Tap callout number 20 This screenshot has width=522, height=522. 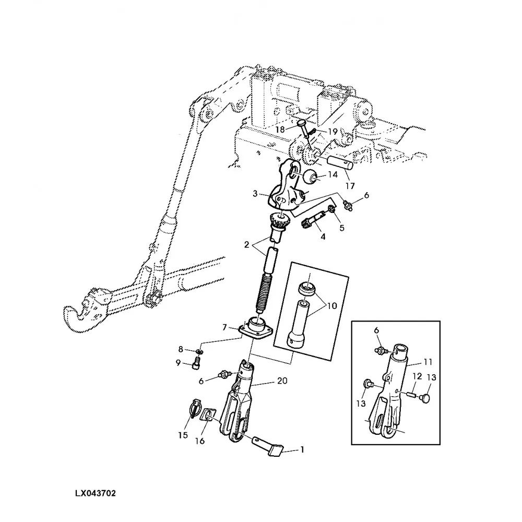(x=282, y=382)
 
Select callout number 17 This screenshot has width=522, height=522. (x=349, y=185)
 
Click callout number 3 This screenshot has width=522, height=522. (x=255, y=194)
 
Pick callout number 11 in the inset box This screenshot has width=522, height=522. (x=413, y=361)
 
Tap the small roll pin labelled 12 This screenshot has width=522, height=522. (x=412, y=390)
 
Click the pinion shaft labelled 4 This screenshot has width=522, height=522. (x=310, y=225)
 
